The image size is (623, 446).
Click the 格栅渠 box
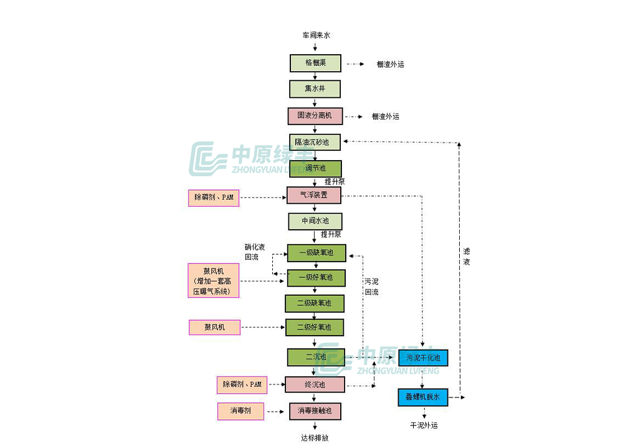(x=315, y=63)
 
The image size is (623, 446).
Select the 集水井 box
(x=315, y=88)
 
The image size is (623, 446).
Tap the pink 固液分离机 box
(x=315, y=116)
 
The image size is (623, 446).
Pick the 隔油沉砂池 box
(x=315, y=142)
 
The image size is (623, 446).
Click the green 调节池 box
(x=315, y=168)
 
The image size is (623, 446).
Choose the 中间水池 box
(x=315, y=221)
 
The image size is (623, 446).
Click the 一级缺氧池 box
(x=316, y=252)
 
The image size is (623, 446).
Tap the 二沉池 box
(x=315, y=357)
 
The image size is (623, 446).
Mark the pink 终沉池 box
(x=315, y=385)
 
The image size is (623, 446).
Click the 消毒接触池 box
(x=315, y=410)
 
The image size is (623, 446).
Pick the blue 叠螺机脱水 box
(x=423, y=397)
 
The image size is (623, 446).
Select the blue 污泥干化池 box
(x=423, y=358)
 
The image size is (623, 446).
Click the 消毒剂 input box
(x=240, y=411)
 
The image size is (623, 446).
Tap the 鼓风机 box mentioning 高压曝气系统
(x=214, y=280)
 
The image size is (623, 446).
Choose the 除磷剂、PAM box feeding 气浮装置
(x=214, y=198)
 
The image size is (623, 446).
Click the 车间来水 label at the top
(x=316, y=36)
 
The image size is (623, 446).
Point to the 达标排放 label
(x=315, y=438)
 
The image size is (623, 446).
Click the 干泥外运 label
(x=424, y=425)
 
